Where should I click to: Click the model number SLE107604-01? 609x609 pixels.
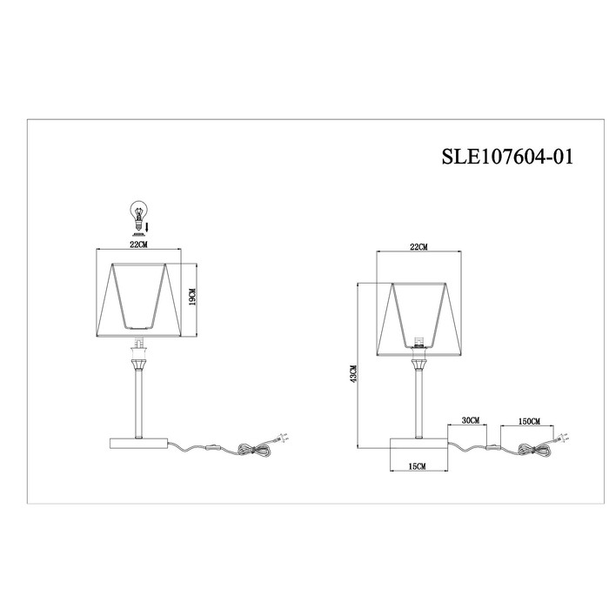click(x=507, y=157)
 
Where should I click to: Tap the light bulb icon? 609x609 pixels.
click(x=137, y=216)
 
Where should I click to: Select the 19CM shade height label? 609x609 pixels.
click(x=192, y=298)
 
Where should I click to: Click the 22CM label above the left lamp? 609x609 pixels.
click(x=138, y=244)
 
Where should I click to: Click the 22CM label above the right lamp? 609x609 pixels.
click(x=418, y=247)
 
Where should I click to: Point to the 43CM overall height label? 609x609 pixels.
click(x=352, y=374)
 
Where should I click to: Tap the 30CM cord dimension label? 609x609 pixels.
click(x=471, y=420)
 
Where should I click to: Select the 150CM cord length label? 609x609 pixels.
click(x=529, y=421)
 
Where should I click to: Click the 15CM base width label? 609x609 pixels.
click(x=417, y=466)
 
